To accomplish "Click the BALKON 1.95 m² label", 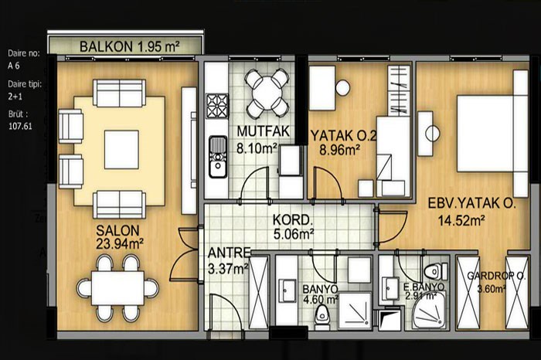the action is pos(129,46).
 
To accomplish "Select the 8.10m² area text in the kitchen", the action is pos(257,148).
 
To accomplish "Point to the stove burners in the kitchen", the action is pos(217,106).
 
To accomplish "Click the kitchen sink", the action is pos(217,157).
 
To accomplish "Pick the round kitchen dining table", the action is pos(267,93).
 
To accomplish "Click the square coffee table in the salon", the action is pos(121,149).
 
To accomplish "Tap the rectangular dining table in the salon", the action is pos(117,288).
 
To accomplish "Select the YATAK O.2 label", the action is pos(343,135).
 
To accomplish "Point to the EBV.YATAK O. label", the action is pos(471,203).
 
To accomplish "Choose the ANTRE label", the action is pos(229,253).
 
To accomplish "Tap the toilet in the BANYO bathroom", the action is pos(322,314).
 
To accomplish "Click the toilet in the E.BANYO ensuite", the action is pos(435,272).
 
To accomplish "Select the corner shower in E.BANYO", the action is pos(429,311).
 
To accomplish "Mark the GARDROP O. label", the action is pos(496,276).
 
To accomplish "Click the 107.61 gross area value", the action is pos(20,126).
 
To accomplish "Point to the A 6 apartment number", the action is pos(14,66).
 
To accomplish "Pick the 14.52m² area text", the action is pos(461,220).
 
